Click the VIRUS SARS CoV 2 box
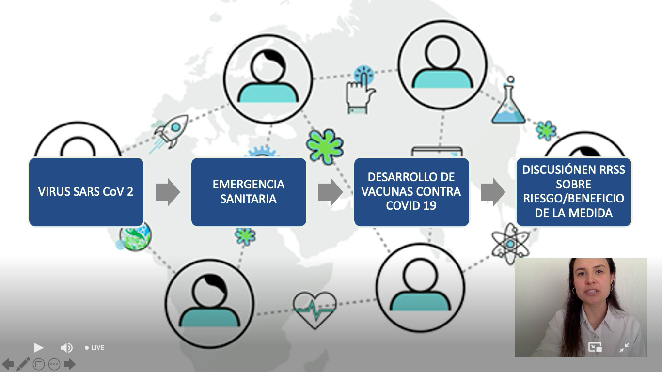pyautogui.click(x=86, y=192)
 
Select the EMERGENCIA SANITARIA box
pyautogui.click(x=249, y=192)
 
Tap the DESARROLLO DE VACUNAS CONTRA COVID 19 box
pyautogui.click(x=411, y=192)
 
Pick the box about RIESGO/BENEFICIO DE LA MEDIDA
pyautogui.click(x=574, y=192)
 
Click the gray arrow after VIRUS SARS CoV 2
pyautogui.click(x=168, y=192)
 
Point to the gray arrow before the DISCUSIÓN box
pyautogui.click(x=493, y=192)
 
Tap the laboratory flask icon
pyautogui.click(x=508, y=100)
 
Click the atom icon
pyautogui.click(x=510, y=244)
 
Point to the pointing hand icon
pyautogui.click(x=361, y=90)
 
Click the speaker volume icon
pyautogui.click(x=67, y=348)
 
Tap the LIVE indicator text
pyautogui.click(x=98, y=348)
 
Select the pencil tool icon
pyautogui.click(x=23, y=364)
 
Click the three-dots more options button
pyautogui.click(x=54, y=364)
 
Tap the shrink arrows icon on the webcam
pyautogui.click(x=624, y=348)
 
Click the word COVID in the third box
pyautogui.click(x=399, y=206)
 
